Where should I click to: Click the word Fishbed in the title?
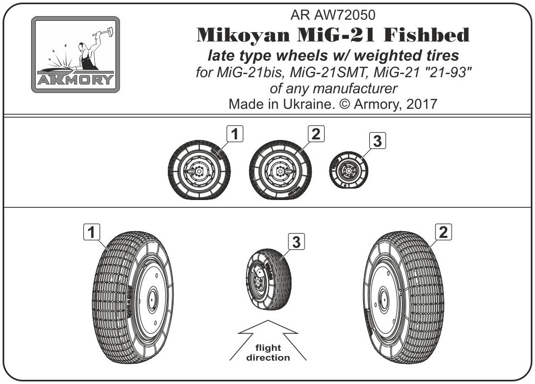[427, 35]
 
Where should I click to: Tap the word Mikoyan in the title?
[243, 35]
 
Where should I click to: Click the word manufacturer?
[355, 89]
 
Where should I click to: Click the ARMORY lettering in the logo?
[76, 79]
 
